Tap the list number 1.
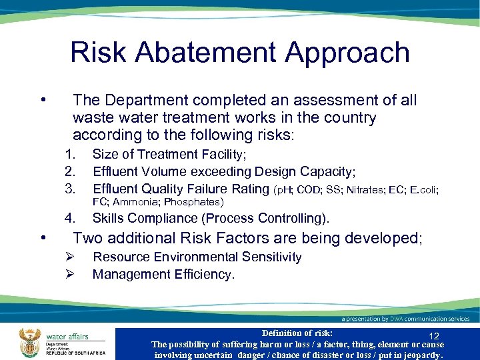click(x=69, y=155)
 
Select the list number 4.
click(x=69, y=218)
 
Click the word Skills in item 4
click(x=108, y=218)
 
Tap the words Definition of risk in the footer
click(x=297, y=333)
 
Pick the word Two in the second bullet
click(x=87, y=238)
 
